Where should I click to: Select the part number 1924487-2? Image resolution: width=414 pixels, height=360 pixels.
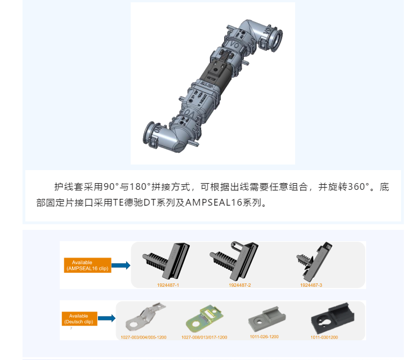[239, 285]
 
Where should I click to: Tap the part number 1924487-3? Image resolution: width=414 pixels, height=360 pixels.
[311, 285]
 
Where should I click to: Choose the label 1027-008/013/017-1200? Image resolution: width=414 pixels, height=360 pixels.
[204, 337]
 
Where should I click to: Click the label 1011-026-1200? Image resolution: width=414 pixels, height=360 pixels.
[264, 336]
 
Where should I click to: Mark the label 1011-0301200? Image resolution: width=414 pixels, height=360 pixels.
[324, 337]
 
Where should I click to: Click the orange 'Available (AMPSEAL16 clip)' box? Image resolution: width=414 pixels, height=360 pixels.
[87, 265]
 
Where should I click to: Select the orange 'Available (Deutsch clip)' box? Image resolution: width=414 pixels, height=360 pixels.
[79, 319]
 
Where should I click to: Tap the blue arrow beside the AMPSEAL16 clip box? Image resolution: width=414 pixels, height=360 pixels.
[121, 265]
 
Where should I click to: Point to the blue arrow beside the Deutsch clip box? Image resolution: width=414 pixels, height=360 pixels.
[107, 318]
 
